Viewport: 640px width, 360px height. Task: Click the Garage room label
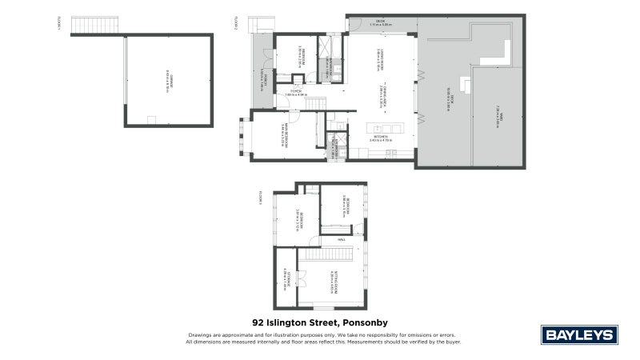tap(168, 80)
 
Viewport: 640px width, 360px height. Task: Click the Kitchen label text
tap(379, 138)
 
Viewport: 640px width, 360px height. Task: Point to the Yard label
tap(498, 116)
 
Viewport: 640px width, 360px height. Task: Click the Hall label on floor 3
tap(341, 238)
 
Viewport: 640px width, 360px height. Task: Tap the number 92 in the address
tap(258, 322)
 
